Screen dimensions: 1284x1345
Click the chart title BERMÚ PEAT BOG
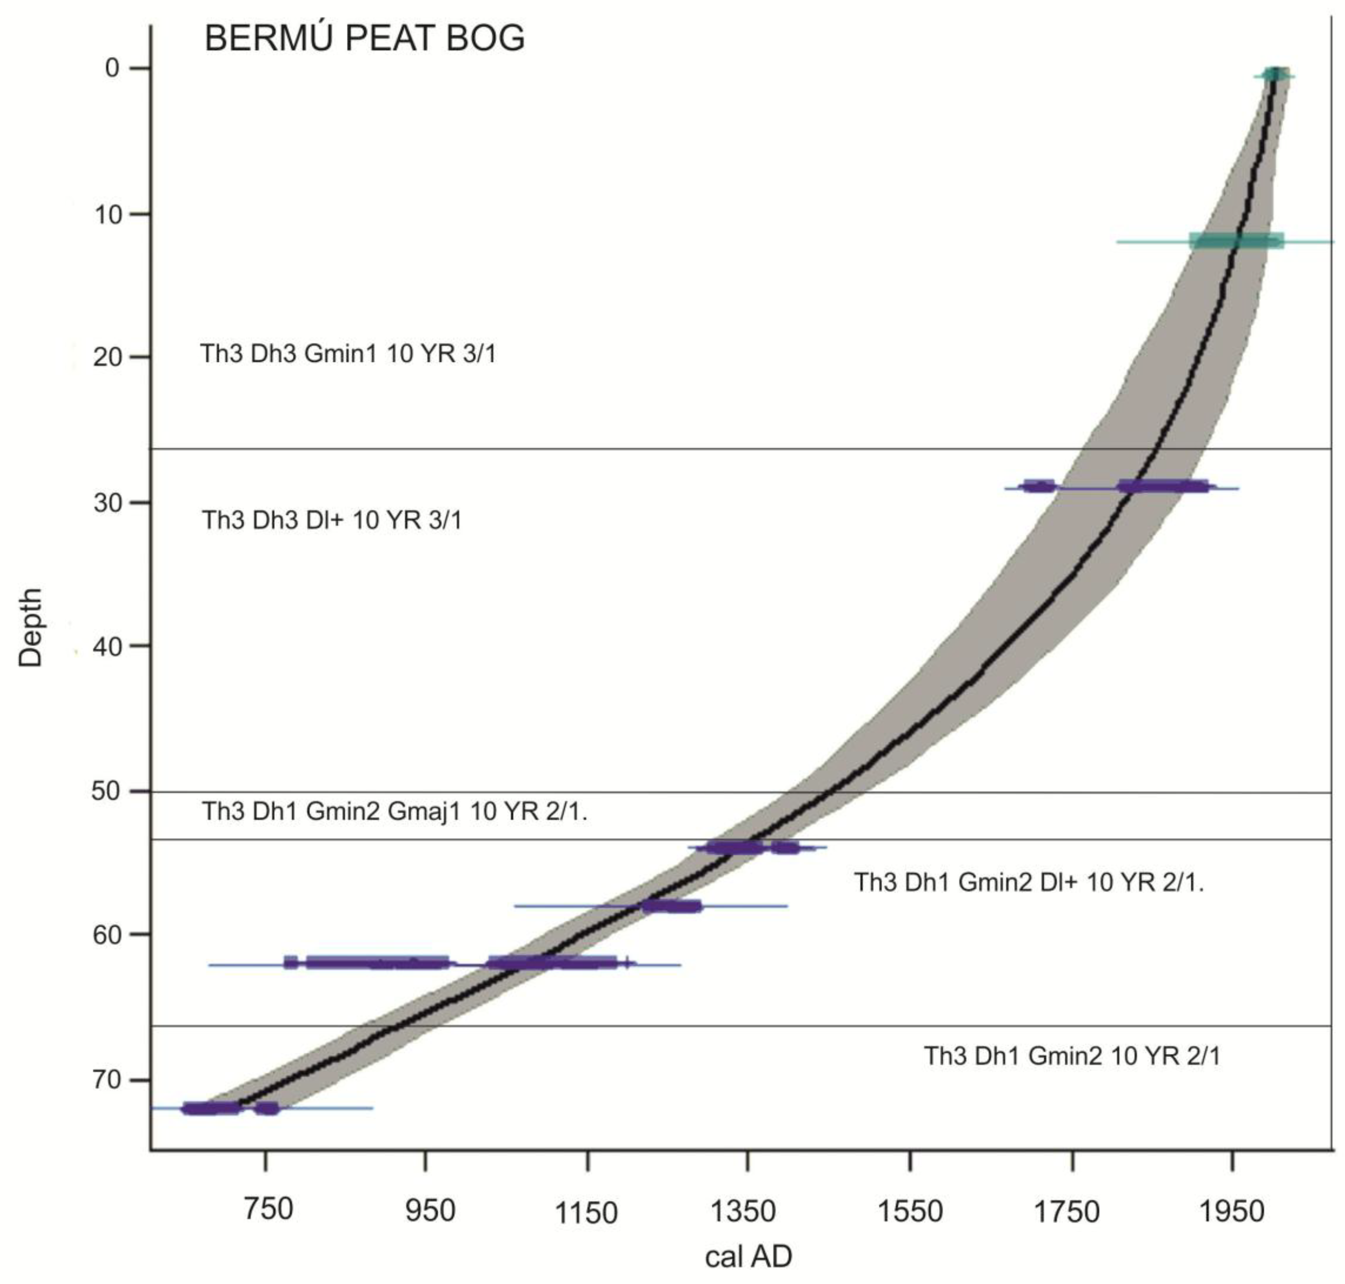[x=364, y=38]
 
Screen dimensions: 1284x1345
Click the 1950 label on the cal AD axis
[x=1231, y=1211]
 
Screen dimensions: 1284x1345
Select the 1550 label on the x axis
[x=910, y=1211]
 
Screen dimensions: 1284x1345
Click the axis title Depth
[x=31, y=627]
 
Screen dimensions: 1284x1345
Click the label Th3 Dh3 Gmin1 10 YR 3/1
[x=348, y=354]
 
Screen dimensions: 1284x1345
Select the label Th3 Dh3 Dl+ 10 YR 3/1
[x=331, y=520]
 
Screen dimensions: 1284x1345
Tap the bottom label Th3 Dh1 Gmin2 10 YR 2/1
[x=1072, y=1056]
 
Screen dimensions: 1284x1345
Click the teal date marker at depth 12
[x=1236, y=241]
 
